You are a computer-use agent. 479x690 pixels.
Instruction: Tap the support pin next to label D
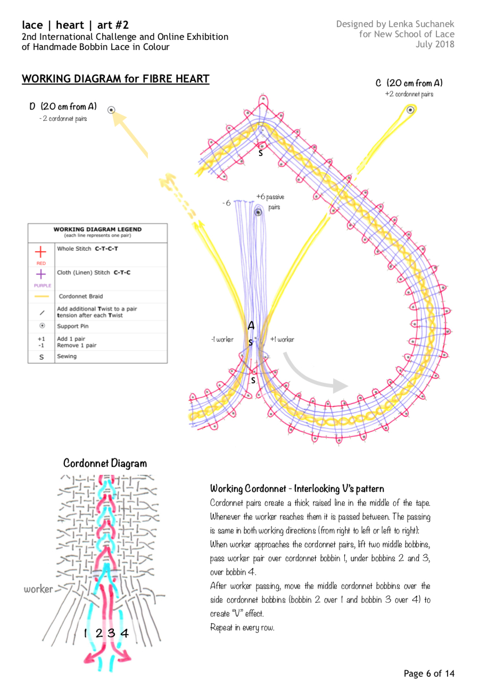[x=111, y=110]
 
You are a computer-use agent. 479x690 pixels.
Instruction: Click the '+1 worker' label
[x=283, y=339]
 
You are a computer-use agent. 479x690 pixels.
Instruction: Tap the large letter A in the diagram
[x=251, y=325]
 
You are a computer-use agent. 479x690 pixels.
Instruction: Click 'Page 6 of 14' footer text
[x=428, y=673]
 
